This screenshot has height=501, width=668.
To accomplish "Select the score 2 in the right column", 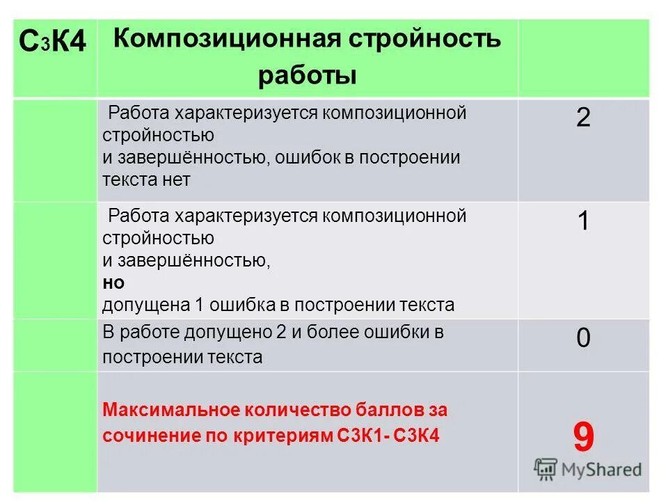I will pyautogui.click(x=583, y=118).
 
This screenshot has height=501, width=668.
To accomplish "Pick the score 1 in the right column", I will pyautogui.click(x=583, y=221).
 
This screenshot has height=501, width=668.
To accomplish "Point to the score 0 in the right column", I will pyautogui.click(x=583, y=339).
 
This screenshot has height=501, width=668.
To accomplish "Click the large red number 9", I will pyautogui.click(x=584, y=438).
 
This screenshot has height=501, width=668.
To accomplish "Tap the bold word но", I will pyautogui.click(x=113, y=283).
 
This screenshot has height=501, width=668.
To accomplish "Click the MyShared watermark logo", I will pyautogui.click(x=587, y=470).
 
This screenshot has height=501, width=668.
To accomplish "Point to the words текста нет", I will pyautogui.click(x=146, y=180).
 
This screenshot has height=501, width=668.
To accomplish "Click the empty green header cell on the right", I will pyautogui.click(x=583, y=57).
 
